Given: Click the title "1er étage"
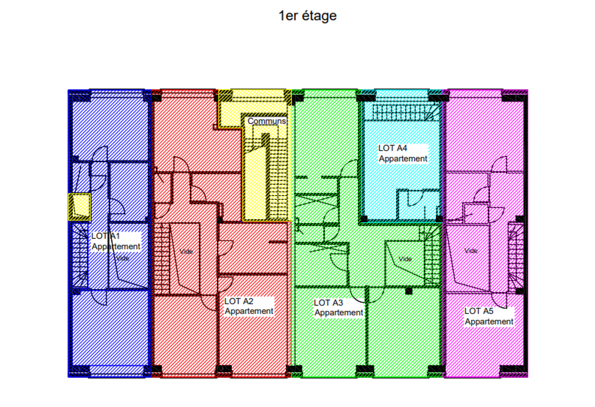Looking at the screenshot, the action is tap(308, 16).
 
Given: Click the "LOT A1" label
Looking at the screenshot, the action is tap(105, 236).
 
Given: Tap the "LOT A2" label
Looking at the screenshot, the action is tap(239, 301).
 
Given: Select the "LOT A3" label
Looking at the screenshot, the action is tap(328, 303).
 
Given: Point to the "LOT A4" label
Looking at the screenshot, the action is tap(393, 148).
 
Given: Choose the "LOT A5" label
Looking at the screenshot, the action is tap(479, 311).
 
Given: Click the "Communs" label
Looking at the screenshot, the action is tap(267, 121).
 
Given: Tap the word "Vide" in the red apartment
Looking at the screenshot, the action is tap(186, 252).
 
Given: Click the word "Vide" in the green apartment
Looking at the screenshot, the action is tap(405, 259).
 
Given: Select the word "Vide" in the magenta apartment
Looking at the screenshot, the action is tap(471, 251).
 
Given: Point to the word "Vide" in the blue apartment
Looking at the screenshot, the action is tap(122, 258).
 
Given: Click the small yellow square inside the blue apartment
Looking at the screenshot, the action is tap(80, 207).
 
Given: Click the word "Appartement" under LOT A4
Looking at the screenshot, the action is tap(403, 159).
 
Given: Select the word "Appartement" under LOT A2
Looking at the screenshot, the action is tap(249, 311).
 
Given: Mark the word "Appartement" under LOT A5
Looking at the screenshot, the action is tap(489, 322).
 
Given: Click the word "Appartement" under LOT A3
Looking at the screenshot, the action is tap(339, 313).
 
